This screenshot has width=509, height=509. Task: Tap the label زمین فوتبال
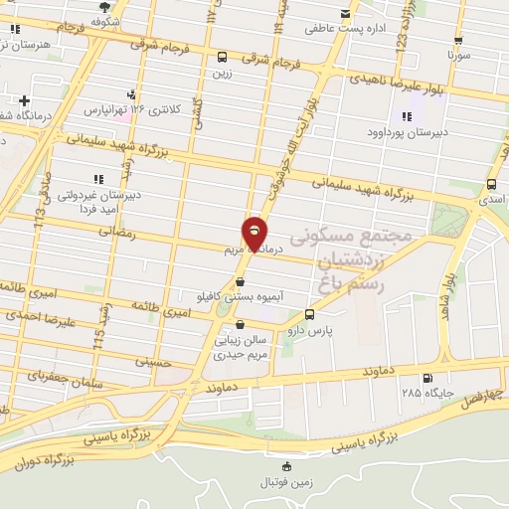pyautogui.click(x=286, y=481)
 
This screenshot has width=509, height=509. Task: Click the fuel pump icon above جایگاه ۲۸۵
pyautogui.click(x=428, y=378)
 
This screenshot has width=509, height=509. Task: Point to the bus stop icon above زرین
pyautogui.click(x=221, y=58)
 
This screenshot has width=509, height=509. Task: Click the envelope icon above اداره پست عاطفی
pyautogui.click(x=345, y=14)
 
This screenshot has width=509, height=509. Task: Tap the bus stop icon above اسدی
pyautogui.click(x=492, y=184)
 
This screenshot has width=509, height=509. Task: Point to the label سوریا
pyautogui.click(x=457, y=57)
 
